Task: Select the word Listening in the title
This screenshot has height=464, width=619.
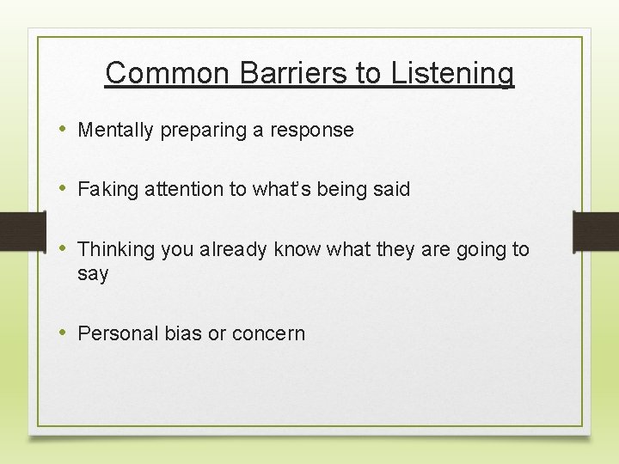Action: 452,73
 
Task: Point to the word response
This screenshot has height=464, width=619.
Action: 311,131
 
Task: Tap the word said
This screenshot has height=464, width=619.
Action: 391,190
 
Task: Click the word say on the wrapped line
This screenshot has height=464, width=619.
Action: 93,275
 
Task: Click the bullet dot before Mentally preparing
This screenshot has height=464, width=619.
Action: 64,130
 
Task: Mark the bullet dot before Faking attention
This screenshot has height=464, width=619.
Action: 64,189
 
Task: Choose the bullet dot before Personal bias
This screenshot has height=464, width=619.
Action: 64,333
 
